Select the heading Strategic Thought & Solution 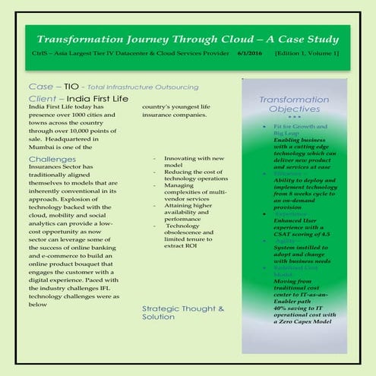183,313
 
